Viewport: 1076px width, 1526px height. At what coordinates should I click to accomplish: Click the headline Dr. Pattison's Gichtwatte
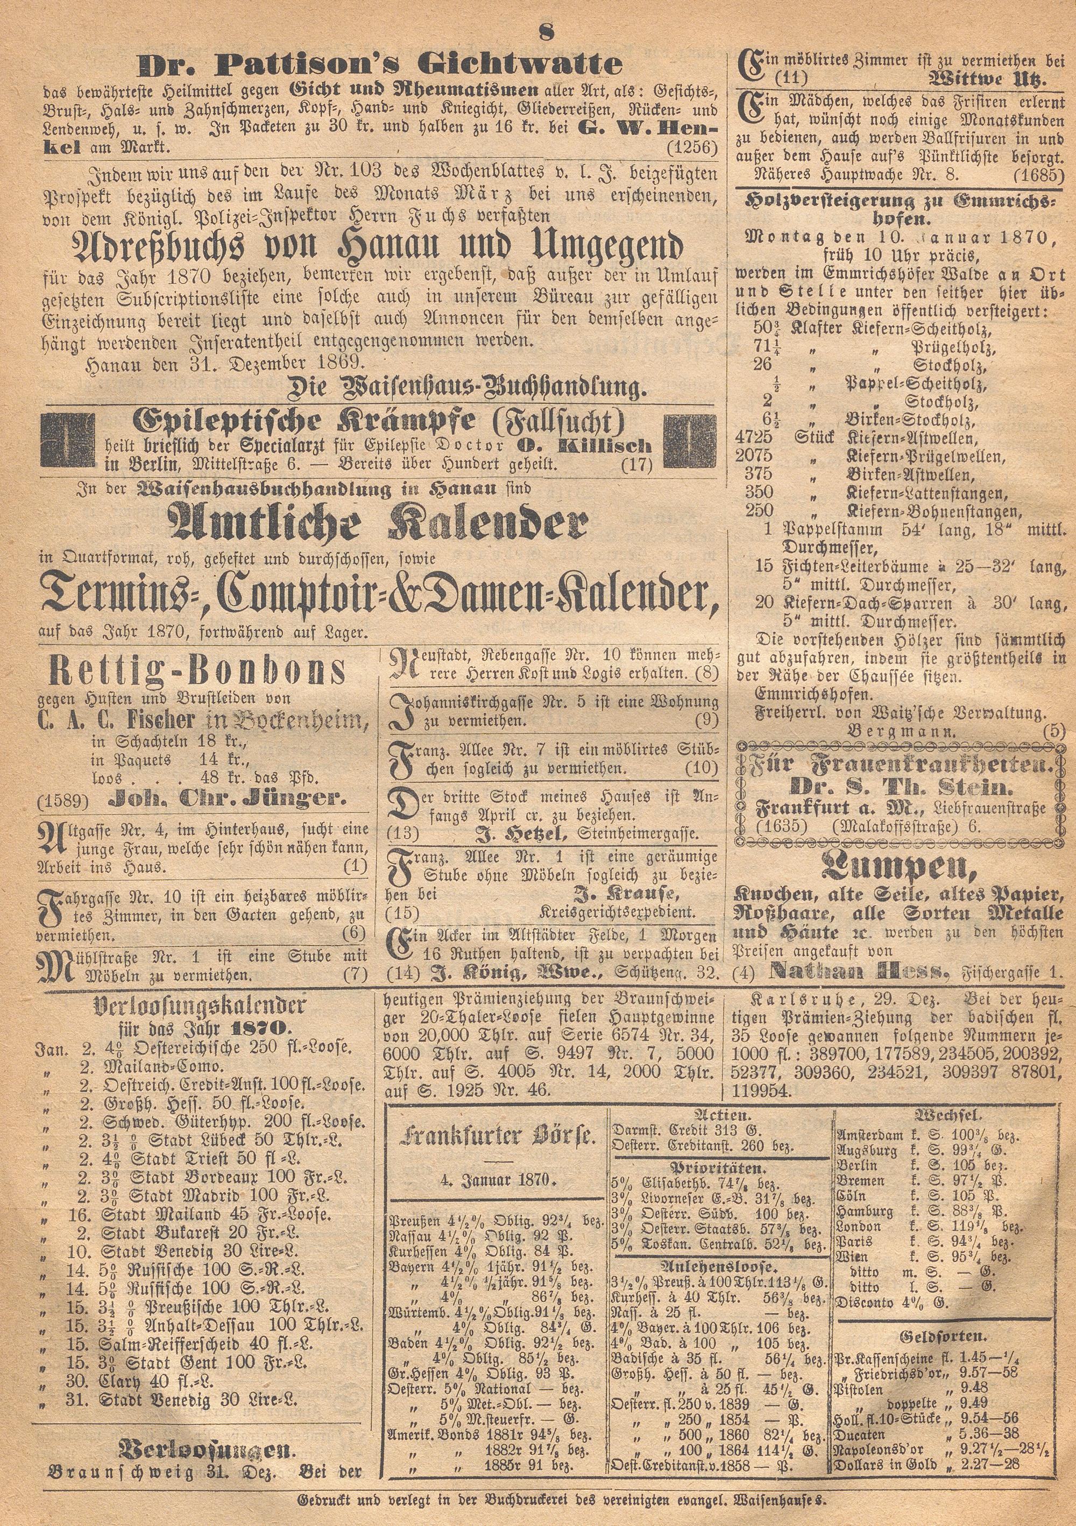tap(379, 65)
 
